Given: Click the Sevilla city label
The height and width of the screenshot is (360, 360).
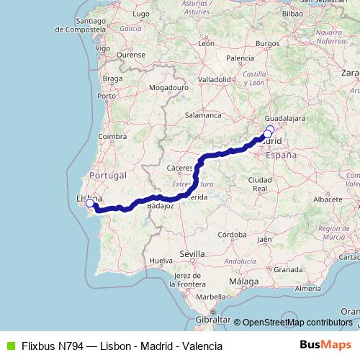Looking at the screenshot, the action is (192, 254).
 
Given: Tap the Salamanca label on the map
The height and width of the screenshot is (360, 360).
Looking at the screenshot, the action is (203, 114).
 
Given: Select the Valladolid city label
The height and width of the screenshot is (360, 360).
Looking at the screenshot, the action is (214, 78).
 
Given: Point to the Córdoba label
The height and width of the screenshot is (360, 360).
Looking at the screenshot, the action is (233, 235).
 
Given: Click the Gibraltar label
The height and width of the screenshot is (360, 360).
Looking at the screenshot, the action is (213, 318).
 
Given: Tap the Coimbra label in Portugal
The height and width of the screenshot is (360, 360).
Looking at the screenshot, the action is (113, 135).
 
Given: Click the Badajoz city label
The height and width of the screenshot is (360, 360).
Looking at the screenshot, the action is (160, 205).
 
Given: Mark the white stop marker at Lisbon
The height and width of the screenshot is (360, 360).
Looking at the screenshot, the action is (90, 204).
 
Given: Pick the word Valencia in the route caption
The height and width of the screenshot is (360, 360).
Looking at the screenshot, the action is (202, 346).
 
